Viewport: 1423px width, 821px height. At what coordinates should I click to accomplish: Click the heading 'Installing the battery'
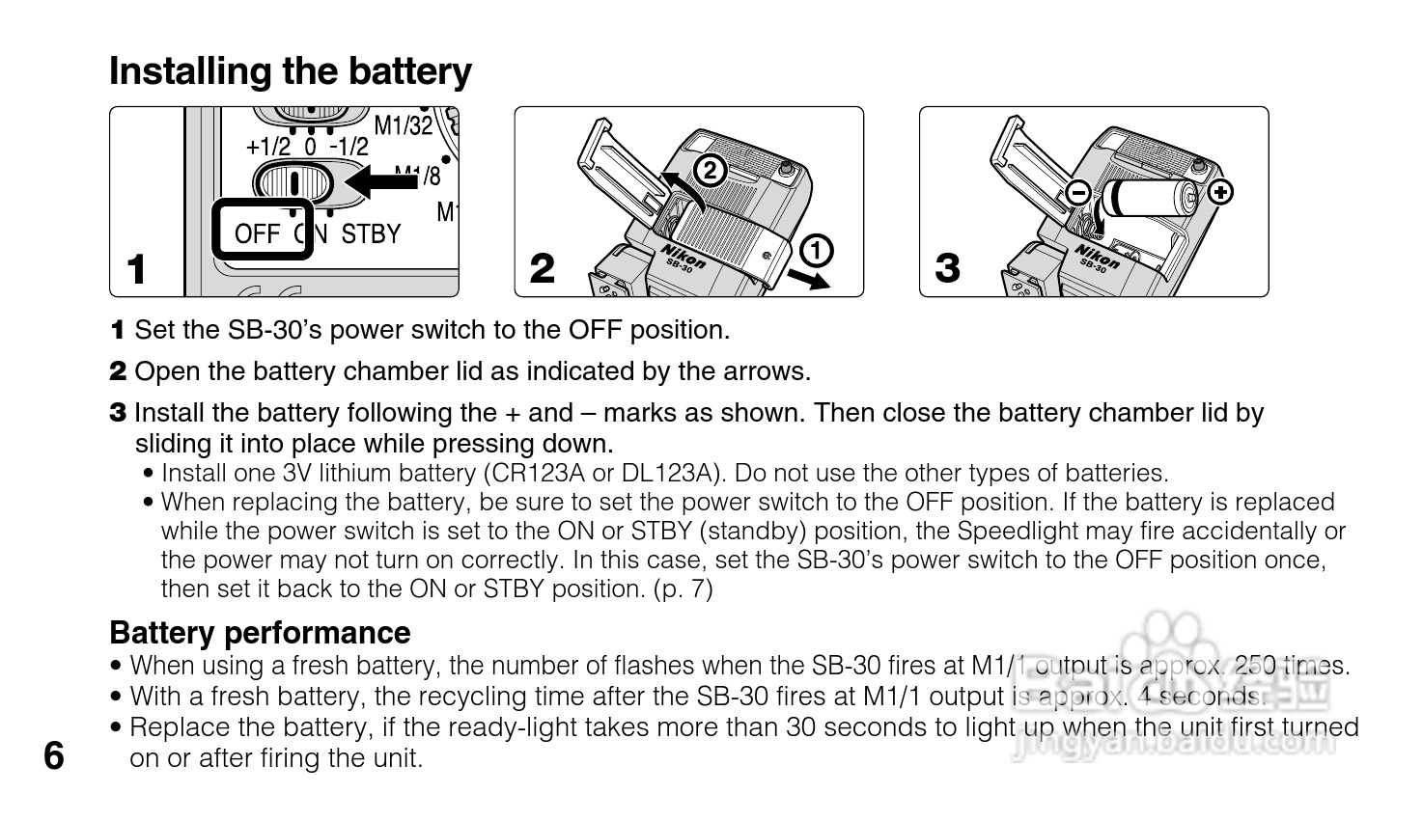coord(291,72)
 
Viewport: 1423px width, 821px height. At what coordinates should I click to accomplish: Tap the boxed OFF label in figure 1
coord(258,233)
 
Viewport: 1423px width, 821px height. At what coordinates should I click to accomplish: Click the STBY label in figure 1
coord(371,233)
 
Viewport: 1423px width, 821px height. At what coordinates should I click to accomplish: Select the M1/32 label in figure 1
coord(404,125)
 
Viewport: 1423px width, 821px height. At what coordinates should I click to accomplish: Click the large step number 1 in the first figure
coord(136,269)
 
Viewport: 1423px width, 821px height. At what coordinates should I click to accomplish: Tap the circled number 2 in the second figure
coord(710,171)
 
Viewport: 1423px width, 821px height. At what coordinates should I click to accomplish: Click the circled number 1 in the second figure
coord(816,251)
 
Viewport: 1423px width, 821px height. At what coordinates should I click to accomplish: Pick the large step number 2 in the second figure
coord(543,269)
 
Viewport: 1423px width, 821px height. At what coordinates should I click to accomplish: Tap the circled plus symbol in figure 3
coord(1221,192)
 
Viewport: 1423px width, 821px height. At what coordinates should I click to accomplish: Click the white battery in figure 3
coord(1154,200)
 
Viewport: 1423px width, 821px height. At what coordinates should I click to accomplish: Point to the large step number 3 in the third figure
coord(947,269)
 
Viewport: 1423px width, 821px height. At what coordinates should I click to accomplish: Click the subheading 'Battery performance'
coord(260,633)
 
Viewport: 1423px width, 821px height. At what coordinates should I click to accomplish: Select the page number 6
coord(54,756)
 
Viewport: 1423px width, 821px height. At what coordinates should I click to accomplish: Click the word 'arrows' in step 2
coord(769,371)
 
